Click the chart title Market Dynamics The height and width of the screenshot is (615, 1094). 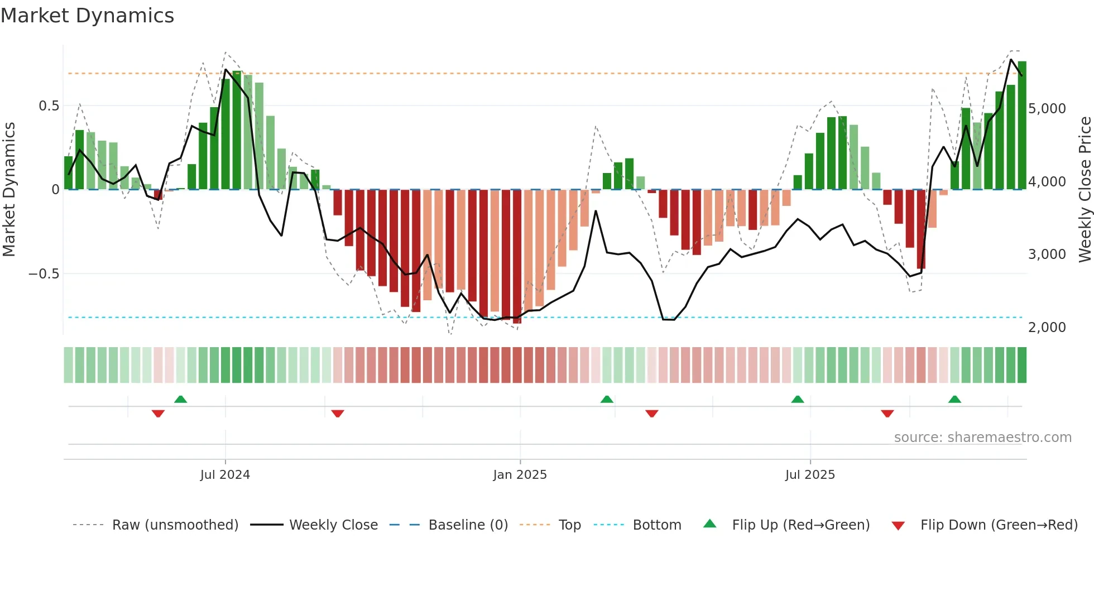click(88, 16)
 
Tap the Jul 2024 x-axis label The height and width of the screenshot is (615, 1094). click(225, 475)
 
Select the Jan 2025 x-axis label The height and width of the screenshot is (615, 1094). click(520, 475)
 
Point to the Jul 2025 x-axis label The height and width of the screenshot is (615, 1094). click(810, 475)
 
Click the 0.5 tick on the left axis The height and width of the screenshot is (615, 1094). click(49, 106)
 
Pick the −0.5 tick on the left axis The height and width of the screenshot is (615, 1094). click(44, 274)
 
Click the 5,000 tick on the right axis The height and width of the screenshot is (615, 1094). click(1047, 108)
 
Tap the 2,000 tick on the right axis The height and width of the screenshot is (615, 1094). click(1047, 328)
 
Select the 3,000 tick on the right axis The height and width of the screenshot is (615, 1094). click(1047, 254)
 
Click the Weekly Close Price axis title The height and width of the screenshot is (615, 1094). click(1085, 190)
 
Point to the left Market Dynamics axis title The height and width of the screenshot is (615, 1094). click(9, 190)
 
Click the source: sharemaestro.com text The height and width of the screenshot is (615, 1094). click(982, 438)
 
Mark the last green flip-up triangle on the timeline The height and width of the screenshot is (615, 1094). click(954, 400)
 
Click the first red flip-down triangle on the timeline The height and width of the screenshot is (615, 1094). click(158, 414)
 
